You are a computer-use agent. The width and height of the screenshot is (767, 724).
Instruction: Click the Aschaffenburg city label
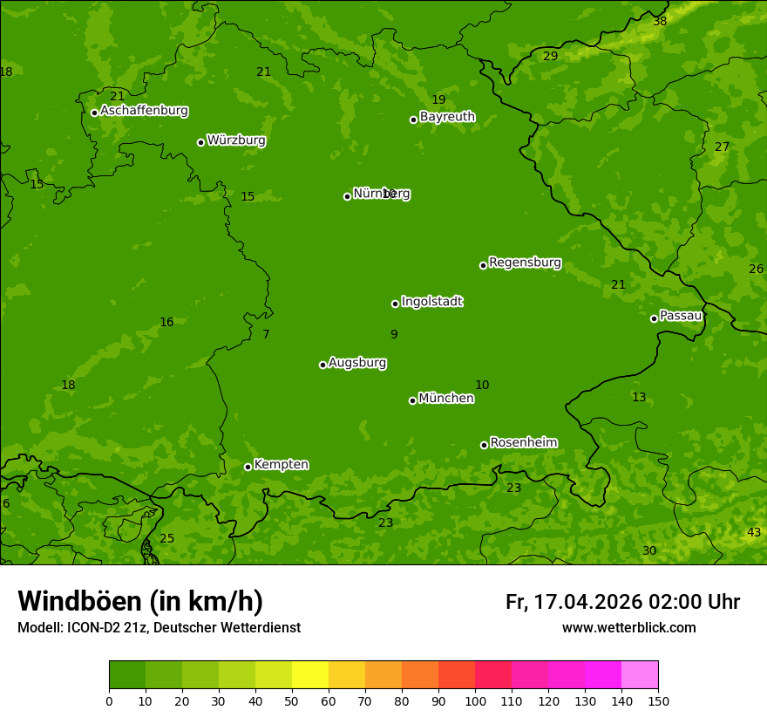[x=144, y=111]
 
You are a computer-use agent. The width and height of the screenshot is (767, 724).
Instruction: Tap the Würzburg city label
[x=236, y=140]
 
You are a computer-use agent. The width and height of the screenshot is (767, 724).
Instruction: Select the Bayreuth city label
[x=447, y=117]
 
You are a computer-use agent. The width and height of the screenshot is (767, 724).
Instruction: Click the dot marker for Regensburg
[x=483, y=265]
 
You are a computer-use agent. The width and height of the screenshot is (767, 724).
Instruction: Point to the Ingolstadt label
[x=431, y=302]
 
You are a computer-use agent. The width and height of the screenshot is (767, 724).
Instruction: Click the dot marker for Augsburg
[x=322, y=365]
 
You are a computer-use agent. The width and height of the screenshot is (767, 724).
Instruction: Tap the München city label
[x=446, y=399]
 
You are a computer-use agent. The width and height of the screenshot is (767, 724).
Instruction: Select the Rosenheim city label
[x=523, y=443]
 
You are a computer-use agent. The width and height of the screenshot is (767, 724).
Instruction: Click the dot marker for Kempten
[x=248, y=467]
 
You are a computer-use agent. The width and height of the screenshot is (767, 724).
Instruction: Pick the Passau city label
[x=681, y=316]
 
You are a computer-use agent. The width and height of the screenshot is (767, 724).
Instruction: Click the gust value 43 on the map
[x=754, y=533]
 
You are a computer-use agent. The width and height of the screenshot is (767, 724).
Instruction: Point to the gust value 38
[x=660, y=21]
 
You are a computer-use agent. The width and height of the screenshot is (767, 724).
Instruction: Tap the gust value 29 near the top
[x=550, y=57]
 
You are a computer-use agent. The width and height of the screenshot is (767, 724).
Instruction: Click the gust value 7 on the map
[x=266, y=335]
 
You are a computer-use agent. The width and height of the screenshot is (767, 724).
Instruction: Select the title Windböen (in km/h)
[x=140, y=601]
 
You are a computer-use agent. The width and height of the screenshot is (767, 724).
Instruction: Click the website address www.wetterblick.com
[x=628, y=628]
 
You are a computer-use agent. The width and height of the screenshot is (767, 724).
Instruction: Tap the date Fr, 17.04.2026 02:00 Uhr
[x=622, y=602]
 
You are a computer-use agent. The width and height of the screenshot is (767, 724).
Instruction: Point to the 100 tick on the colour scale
[x=475, y=700]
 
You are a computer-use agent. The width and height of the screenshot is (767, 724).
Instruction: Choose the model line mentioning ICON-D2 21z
[x=159, y=628]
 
